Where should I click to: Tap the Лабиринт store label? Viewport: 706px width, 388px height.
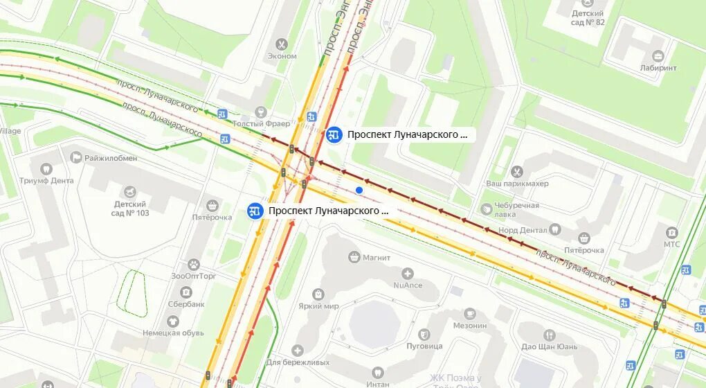[x=658, y=68]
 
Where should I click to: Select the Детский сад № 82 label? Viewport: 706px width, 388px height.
[x=588, y=18]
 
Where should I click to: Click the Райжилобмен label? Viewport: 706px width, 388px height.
[x=111, y=158]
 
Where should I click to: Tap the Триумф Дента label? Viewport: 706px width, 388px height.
[x=46, y=180]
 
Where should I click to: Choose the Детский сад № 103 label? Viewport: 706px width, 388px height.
[x=130, y=209]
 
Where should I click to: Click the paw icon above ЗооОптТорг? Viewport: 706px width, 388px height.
[x=194, y=264]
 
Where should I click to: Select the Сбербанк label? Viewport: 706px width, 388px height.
[x=186, y=303]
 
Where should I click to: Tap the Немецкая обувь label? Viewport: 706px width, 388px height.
[x=173, y=333]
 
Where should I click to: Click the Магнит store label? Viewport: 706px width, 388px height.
[x=377, y=258]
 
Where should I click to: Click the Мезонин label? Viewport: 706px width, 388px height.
[x=470, y=326]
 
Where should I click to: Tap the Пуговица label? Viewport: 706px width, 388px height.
[x=424, y=345]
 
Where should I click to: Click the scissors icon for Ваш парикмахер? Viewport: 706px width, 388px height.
[x=516, y=171]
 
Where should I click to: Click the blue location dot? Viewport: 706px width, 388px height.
[x=359, y=190]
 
